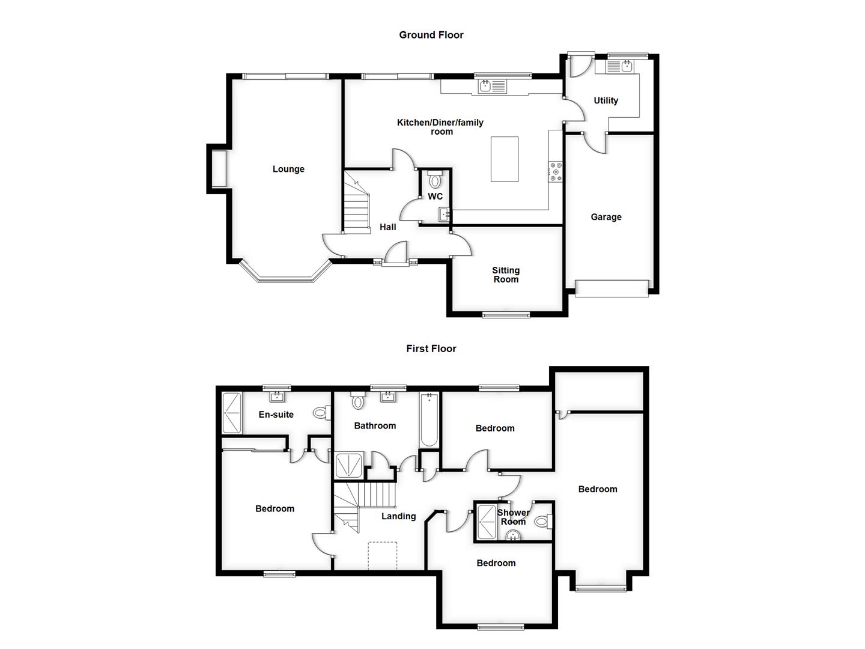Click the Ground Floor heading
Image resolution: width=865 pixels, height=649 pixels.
click(431, 35)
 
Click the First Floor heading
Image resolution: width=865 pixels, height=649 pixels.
click(431, 349)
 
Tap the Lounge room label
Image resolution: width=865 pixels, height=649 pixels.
click(288, 169)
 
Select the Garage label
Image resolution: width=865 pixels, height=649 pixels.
click(605, 217)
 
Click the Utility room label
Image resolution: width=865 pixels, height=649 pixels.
click(605, 100)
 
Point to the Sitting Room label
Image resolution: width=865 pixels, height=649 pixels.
click(506, 275)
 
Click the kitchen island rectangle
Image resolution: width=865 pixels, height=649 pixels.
click(505, 159)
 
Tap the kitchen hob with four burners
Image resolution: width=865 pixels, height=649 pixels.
click(556, 171)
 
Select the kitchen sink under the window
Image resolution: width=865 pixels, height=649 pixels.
click(493, 87)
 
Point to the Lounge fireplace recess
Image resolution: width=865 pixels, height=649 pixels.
click(217, 169)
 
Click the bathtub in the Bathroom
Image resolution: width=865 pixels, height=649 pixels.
click(429, 419)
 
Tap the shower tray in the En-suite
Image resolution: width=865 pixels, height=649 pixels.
click(232, 413)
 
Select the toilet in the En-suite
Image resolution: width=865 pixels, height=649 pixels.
click(321, 413)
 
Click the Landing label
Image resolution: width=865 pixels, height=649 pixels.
click(398, 516)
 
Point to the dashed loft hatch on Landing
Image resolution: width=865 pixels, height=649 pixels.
click(383, 555)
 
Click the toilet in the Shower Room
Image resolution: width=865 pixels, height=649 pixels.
click(542, 521)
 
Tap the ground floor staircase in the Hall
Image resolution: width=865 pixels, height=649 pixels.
click(356, 201)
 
